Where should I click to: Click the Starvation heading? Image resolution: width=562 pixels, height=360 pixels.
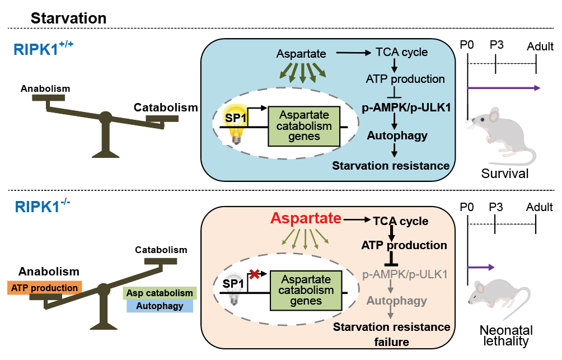coord(68,18)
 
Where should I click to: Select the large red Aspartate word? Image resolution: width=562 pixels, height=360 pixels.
coord(306,218)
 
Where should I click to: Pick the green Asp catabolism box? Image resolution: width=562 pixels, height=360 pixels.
coord(160,293)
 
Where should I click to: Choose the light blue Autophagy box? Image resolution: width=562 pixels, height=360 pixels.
coord(160,306)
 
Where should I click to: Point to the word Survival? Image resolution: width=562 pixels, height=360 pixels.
coord(504,174)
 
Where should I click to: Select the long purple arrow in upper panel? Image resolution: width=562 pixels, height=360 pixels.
coord(504,87)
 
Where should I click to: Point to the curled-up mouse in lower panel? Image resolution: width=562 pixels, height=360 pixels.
coord(497,299)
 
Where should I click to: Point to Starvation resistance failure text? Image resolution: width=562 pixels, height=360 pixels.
coord(392,334)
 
